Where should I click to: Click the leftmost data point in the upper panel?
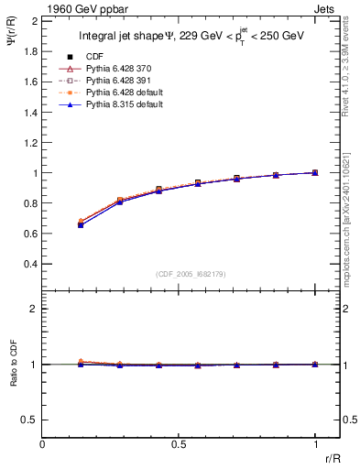click(x=82, y=224)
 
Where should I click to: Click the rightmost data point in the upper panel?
click(x=315, y=172)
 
